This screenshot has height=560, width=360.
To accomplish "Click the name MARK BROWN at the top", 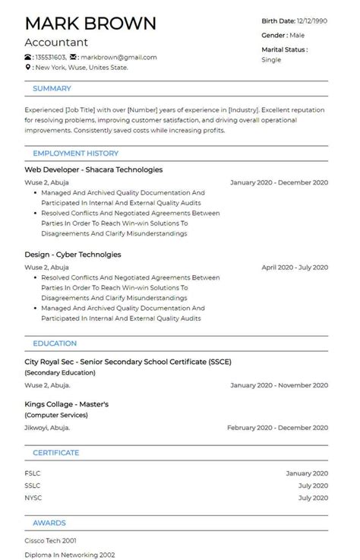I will (90, 23).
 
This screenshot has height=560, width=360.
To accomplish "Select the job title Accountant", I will (56, 43).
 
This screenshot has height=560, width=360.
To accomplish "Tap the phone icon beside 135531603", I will (28, 57).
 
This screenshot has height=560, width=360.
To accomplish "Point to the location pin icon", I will (28, 68).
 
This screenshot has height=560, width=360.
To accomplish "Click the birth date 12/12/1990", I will (311, 21).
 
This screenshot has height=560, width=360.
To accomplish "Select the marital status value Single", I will (271, 59).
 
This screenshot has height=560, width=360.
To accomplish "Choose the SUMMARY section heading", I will (52, 89).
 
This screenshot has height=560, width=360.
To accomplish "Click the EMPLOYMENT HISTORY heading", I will (75, 153).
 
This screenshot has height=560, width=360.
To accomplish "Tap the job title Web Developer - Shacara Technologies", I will (93, 169).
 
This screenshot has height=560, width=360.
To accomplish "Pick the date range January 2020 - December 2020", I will (279, 182).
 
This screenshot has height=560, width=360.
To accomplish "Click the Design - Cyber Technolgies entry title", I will (73, 255).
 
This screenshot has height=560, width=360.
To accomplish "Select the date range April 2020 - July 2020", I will (295, 267).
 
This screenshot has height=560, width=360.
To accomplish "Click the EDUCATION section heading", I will (55, 343).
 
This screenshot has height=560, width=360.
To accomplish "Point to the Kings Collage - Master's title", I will (67, 404).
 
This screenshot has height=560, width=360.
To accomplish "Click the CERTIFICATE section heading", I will (55, 453).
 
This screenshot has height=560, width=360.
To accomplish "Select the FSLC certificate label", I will (33, 473).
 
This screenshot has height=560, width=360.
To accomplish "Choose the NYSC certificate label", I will (33, 498).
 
